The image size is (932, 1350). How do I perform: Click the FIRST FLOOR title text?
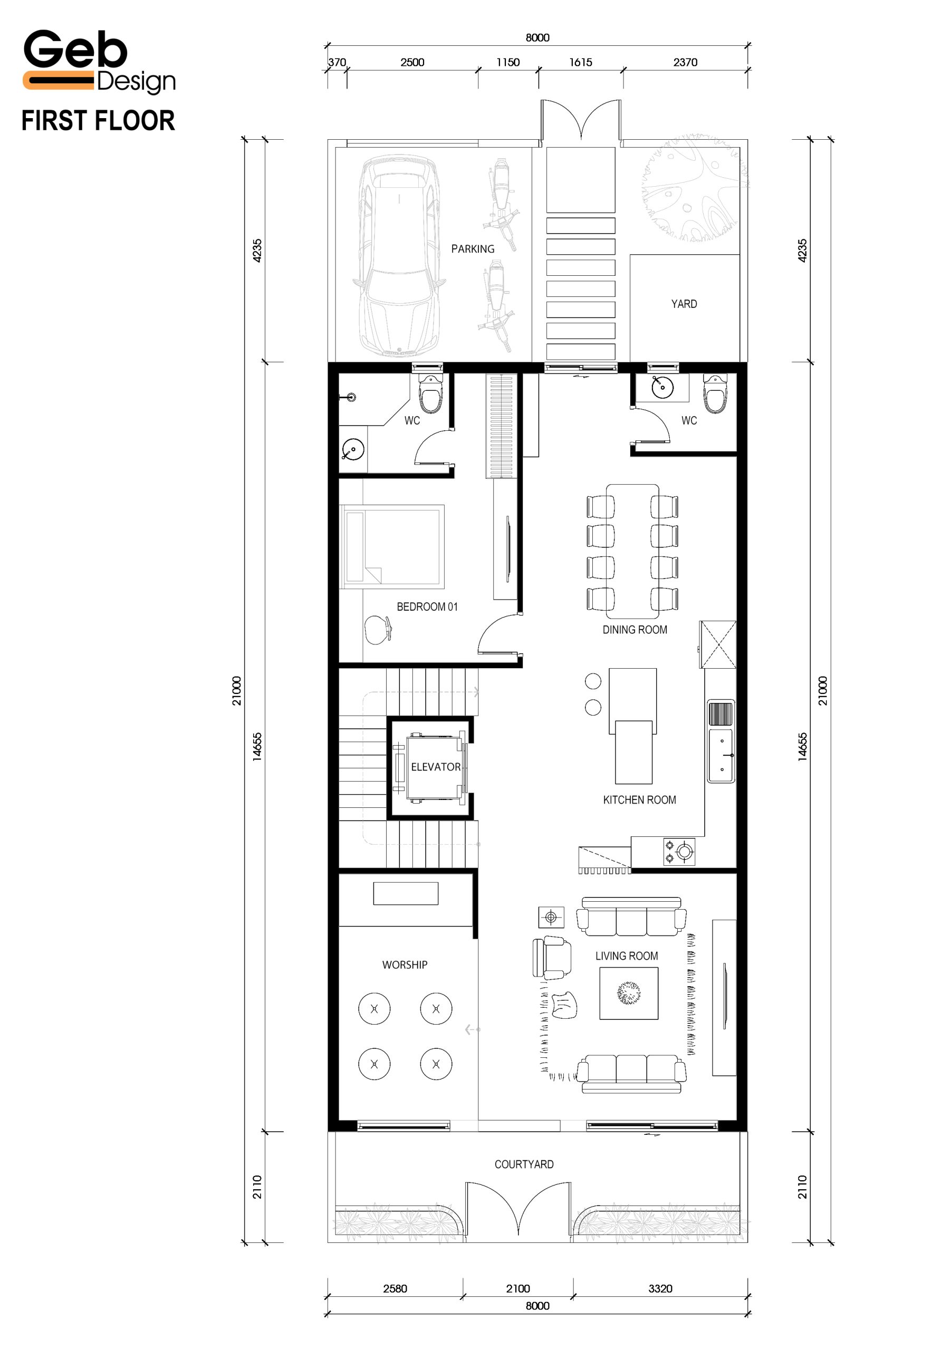click(98, 120)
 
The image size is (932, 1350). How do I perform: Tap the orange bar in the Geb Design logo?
click(59, 80)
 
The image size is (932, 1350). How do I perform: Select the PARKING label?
click(473, 249)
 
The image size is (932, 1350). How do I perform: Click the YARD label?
click(684, 304)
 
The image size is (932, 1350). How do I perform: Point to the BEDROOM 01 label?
click(427, 606)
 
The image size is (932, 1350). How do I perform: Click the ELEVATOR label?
click(436, 767)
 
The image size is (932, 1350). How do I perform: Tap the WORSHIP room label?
click(405, 965)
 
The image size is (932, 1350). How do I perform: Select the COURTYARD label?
click(524, 1164)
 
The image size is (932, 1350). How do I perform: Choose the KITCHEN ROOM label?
click(639, 800)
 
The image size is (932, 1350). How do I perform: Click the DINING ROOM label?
click(635, 630)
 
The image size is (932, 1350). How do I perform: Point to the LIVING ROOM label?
click(627, 956)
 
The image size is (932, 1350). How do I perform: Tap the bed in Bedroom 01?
click(392, 546)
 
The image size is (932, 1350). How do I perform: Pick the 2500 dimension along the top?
click(412, 62)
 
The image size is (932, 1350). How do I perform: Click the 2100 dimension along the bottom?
click(518, 1289)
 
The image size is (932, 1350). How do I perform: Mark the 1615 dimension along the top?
click(580, 62)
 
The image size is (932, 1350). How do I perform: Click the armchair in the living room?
click(552, 958)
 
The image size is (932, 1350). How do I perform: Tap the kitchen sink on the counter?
click(721, 756)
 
